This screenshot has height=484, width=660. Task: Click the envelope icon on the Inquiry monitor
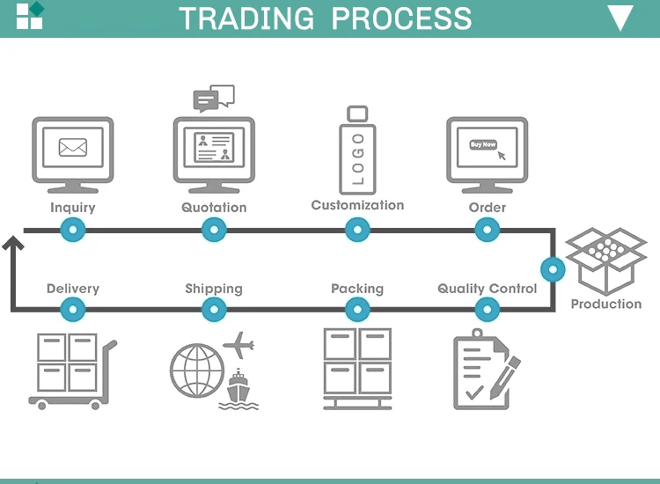point(72,147)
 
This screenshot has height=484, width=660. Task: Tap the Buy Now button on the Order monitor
point(483,144)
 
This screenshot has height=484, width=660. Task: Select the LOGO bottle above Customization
point(356,150)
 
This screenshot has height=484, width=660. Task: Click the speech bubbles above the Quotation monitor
point(214,98)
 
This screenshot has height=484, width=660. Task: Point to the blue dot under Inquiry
point(72,231)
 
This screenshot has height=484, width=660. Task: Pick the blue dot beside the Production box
point(553,268)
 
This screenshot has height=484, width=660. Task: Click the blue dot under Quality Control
point(487,309)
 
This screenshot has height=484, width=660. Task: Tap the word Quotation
point(214,208)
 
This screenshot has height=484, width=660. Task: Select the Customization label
point(357,205)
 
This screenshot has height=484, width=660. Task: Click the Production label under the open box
point(606,304)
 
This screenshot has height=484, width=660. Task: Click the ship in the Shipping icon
point(238,390)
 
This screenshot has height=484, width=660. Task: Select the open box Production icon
point(605,260)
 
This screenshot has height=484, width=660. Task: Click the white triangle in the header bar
point(620,18)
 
